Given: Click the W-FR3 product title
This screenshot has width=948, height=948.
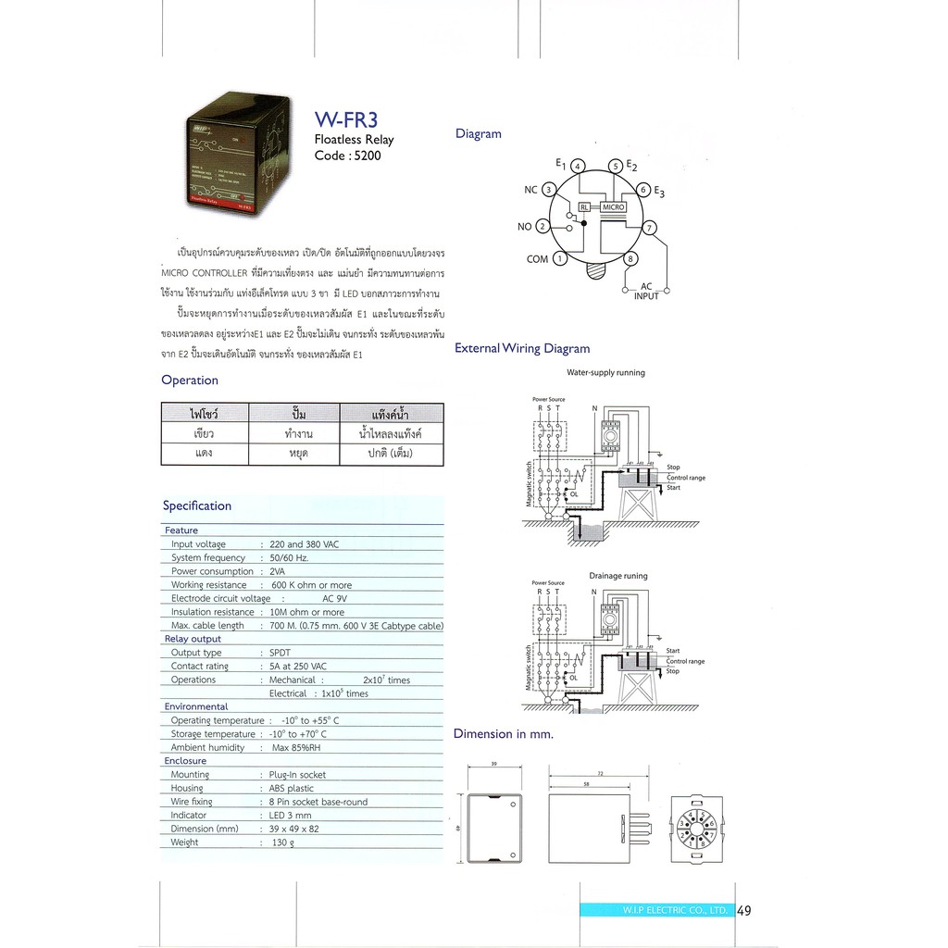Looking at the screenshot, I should click(348, 119).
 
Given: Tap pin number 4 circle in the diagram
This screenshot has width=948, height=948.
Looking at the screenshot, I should click(578, 167).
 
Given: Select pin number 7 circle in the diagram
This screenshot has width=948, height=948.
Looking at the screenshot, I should click(650, 228).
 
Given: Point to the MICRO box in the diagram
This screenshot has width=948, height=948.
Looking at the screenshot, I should click(614, 208).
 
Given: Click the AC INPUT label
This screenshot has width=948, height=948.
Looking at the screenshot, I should click(647, 292).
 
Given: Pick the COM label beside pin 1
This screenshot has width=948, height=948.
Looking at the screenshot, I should click(537, 259).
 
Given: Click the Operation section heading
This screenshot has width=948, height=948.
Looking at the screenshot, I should click(190, 380).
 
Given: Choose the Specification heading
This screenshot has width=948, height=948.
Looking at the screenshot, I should click(197, 505).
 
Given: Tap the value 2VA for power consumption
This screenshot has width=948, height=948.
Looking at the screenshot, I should click(278, 571).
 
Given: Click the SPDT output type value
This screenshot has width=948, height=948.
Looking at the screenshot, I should click(280, 653).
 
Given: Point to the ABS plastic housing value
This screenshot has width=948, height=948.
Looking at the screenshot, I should click(298, 788).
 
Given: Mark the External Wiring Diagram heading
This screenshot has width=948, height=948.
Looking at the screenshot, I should click(522, 349).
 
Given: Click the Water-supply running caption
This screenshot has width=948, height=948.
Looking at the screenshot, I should click(605, 373).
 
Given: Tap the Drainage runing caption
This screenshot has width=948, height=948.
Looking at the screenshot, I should click(618, 576).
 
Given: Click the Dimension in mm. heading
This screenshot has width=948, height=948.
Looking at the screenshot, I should click(503, 734).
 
